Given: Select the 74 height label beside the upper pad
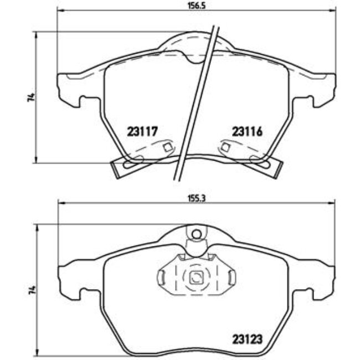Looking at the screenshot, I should [33, 97].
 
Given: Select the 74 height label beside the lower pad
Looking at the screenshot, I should [33, 290].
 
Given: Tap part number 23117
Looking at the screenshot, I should [143, 132].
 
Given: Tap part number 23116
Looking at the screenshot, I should [246, 132].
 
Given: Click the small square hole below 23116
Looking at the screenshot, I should [225, 147].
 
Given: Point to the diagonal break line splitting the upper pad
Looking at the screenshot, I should [196, 100].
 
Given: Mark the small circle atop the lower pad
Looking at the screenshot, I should [196, 234].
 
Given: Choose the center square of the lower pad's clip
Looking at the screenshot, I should [197, 279].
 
